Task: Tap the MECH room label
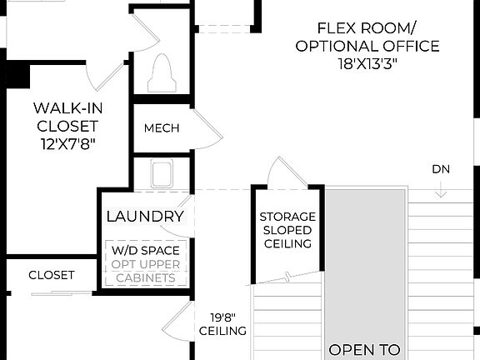162,128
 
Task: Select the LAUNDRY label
145,217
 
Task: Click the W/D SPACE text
146,250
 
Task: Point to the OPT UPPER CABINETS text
146,271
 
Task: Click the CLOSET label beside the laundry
52,275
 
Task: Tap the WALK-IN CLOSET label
66,117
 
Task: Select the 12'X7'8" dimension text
66,144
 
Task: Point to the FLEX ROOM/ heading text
367,27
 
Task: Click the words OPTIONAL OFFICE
367,46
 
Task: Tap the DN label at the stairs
441,169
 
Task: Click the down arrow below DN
441,191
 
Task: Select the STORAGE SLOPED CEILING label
286,230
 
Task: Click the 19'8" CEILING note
222,324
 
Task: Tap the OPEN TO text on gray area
365,350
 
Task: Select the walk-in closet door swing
106,77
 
